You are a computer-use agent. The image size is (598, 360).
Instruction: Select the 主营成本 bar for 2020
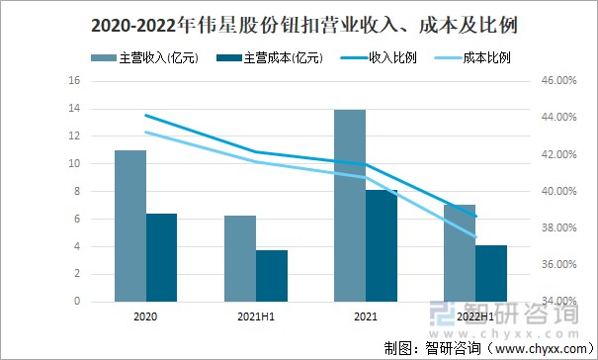162,256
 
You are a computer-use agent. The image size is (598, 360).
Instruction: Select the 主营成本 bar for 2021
382,244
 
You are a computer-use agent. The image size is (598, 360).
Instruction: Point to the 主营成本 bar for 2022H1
491,272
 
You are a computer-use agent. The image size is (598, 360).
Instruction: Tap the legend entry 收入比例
392,57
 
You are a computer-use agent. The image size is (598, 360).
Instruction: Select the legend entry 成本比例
490,57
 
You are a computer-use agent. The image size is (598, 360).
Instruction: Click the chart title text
299,21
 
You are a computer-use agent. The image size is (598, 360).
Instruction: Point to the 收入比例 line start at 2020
145,116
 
